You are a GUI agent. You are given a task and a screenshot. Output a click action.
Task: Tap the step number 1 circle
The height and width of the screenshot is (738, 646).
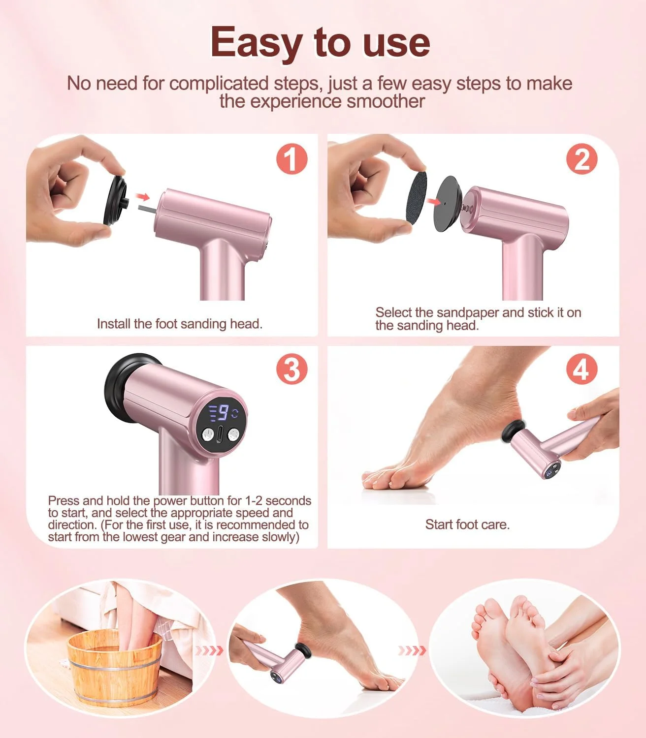[291, 159]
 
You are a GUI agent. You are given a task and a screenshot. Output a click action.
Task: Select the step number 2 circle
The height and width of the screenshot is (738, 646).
[582, 159]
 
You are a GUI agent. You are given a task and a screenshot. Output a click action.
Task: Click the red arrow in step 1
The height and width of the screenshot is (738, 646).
[143, 197]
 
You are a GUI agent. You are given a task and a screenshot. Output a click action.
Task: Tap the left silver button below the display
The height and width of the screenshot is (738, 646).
[207, 434]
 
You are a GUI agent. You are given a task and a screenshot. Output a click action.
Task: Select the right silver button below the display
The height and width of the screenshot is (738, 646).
[233, 435]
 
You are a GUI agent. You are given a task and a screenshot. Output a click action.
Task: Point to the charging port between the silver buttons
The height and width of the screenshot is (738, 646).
[220, 434]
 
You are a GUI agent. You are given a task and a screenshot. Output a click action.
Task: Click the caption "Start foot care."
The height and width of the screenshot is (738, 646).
[467, 524]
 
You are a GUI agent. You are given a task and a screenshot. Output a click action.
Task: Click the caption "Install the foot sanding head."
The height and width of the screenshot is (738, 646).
[180, 324]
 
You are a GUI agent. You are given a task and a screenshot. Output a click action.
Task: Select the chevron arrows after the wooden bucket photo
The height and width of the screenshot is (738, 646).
[209, 651]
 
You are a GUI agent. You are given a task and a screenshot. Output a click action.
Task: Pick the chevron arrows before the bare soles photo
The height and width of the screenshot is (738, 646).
[412, 651]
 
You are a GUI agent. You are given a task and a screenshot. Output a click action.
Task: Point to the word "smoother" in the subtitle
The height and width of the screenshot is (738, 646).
[386, 101]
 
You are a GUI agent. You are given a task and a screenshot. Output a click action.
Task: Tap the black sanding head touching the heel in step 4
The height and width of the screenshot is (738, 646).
[513, 431]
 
